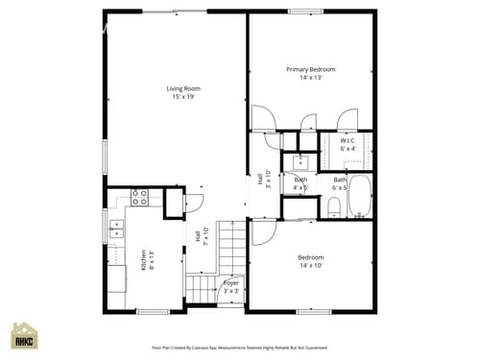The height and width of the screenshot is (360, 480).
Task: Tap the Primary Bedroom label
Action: click(311, 69)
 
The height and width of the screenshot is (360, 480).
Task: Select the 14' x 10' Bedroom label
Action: click(310, 257)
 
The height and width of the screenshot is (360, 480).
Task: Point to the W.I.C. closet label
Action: click(348, 141)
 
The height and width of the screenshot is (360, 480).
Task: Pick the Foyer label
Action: click(231, 283)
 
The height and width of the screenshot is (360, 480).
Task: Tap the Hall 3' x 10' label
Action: click(260, 180)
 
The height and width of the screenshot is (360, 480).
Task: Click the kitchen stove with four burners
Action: click(139, 199)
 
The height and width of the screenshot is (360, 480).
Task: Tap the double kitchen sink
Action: click(117, 228)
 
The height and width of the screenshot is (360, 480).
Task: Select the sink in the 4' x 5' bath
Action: click(300, 161)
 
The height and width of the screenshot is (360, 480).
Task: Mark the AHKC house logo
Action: click(24, 336)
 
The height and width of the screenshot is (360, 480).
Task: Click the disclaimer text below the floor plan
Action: click(239, 348)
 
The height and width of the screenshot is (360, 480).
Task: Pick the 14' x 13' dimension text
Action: click(311, 78)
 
